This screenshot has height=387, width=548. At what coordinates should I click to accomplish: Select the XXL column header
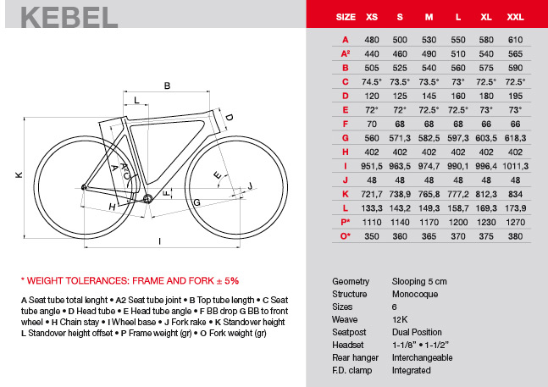pyautogui.click(x=515, y=16)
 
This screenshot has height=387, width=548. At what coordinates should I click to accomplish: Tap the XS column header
pyautogui.click(x=370, y=16)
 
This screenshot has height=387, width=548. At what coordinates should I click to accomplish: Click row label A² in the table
pyautogui.click(x=346, y=53)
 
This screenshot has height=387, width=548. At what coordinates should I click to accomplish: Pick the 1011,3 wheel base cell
pyautogui.click(x=515, y=165)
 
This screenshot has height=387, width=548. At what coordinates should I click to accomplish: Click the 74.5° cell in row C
pyautogui.click(x=370, y=81)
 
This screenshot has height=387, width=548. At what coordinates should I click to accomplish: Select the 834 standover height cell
pyautogui.click(x=515, y=193)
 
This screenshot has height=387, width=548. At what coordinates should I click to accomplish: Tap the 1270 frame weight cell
pyautogui.click(x=515, y=221)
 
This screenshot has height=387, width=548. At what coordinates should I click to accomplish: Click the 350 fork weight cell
pyautogui.click(x=370, y=235)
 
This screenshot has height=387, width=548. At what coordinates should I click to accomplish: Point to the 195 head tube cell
pyautogui.click(x=515, y=96)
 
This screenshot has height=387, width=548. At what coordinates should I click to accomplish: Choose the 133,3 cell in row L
pyautogui.click(x=370, y=207)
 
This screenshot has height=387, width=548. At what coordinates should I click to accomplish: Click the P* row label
pyautogui.click(x=346, y=221)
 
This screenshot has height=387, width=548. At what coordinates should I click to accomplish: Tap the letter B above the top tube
pyautogui.click(x=167, y=86)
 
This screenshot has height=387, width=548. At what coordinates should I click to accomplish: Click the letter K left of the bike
pyautogui.click(x=17, y=175)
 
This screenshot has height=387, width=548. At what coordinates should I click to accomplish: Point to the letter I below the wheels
pyautogui.click(x=159, y=240)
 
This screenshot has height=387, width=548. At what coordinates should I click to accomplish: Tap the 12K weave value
pyautogui.click(x=401, y=321)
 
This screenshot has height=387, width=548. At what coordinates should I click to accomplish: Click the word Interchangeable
pyautogui.click(x=423, y=357)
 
